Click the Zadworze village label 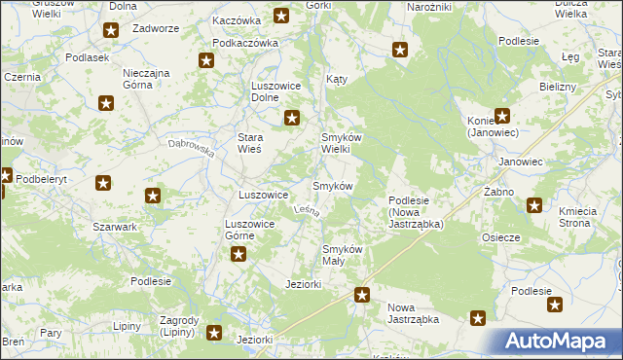tap(157, 30)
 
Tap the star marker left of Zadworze tap(111, 31)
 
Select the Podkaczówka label tap(245, 43)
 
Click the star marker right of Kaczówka tap(281, 16)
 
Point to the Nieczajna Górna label tap(147, 79)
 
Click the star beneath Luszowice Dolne tap(291, 119)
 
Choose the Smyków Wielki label tap(342, 144)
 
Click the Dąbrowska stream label tap(190, 148)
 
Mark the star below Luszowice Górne tap(238, 255)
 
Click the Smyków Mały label tap(343, 255)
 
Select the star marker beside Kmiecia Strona tap(534, 205)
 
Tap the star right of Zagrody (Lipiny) tap(215, 334)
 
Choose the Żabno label tap(498, 192)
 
